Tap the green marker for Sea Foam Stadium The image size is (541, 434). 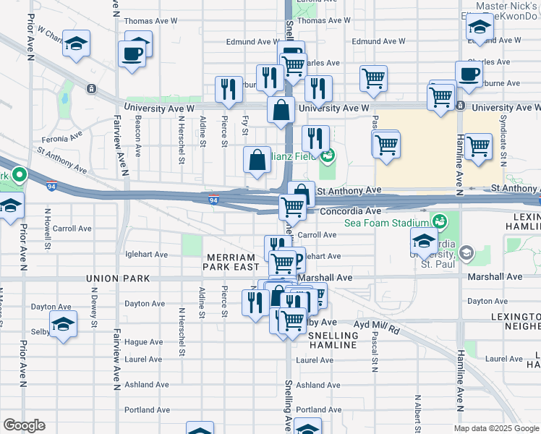[x=438, y=220]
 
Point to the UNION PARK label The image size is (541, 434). [x=116, y=278]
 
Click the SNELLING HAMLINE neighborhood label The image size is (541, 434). [x=333, y=341]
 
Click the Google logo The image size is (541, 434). [x=23, y=425]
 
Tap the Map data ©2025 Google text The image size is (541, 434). [x=495, y=428]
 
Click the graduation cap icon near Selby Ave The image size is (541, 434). [x=64, y=325]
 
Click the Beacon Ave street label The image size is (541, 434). [x=137, y=132]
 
